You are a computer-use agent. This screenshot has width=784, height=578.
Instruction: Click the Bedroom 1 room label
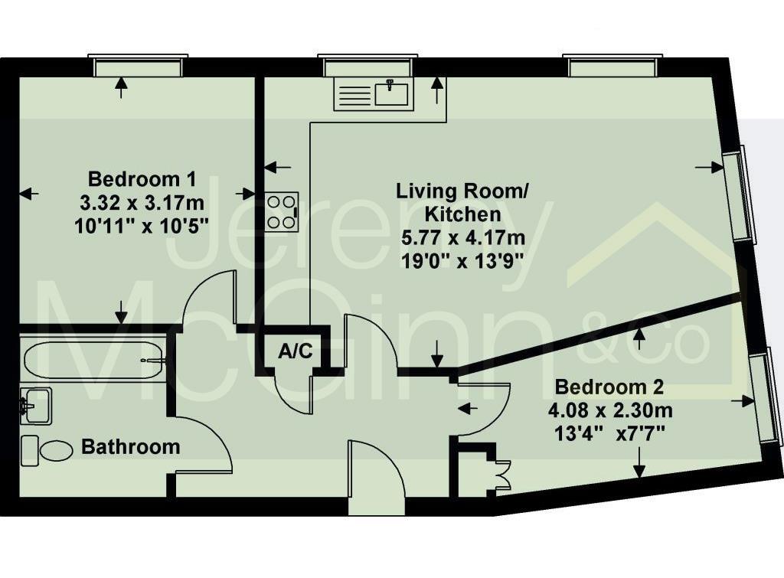pos(142,178)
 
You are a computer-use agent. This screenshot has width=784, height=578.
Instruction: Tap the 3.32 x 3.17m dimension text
pos(142,203)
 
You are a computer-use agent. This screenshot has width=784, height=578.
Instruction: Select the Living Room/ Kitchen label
pos(462,203)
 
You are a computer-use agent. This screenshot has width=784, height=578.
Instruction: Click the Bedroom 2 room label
pos(609,387)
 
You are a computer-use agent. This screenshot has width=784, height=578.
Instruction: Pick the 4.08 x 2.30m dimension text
pos(610,410)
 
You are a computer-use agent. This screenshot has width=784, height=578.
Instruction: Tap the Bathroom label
pos(130,446)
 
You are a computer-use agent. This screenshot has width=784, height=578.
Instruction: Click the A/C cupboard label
pos(296,351)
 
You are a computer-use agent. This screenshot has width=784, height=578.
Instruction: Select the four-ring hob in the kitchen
pos(282,211)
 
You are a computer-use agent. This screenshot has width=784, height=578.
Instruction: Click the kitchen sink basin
pos(391,93)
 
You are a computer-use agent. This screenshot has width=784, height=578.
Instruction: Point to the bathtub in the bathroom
pos(93,360)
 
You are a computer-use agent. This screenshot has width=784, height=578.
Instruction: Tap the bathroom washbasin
pos(35,406)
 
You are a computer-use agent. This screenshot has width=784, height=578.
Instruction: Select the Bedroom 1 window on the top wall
pos(138,65)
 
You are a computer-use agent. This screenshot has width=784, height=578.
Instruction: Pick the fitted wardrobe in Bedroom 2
pos(479,469)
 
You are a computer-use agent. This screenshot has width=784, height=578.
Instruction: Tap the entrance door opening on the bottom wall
pos(376,506)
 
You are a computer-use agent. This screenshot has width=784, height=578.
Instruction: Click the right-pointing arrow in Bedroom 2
pos(743,400)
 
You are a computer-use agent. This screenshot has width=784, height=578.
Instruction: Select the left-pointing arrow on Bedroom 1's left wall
pos(30,193)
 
